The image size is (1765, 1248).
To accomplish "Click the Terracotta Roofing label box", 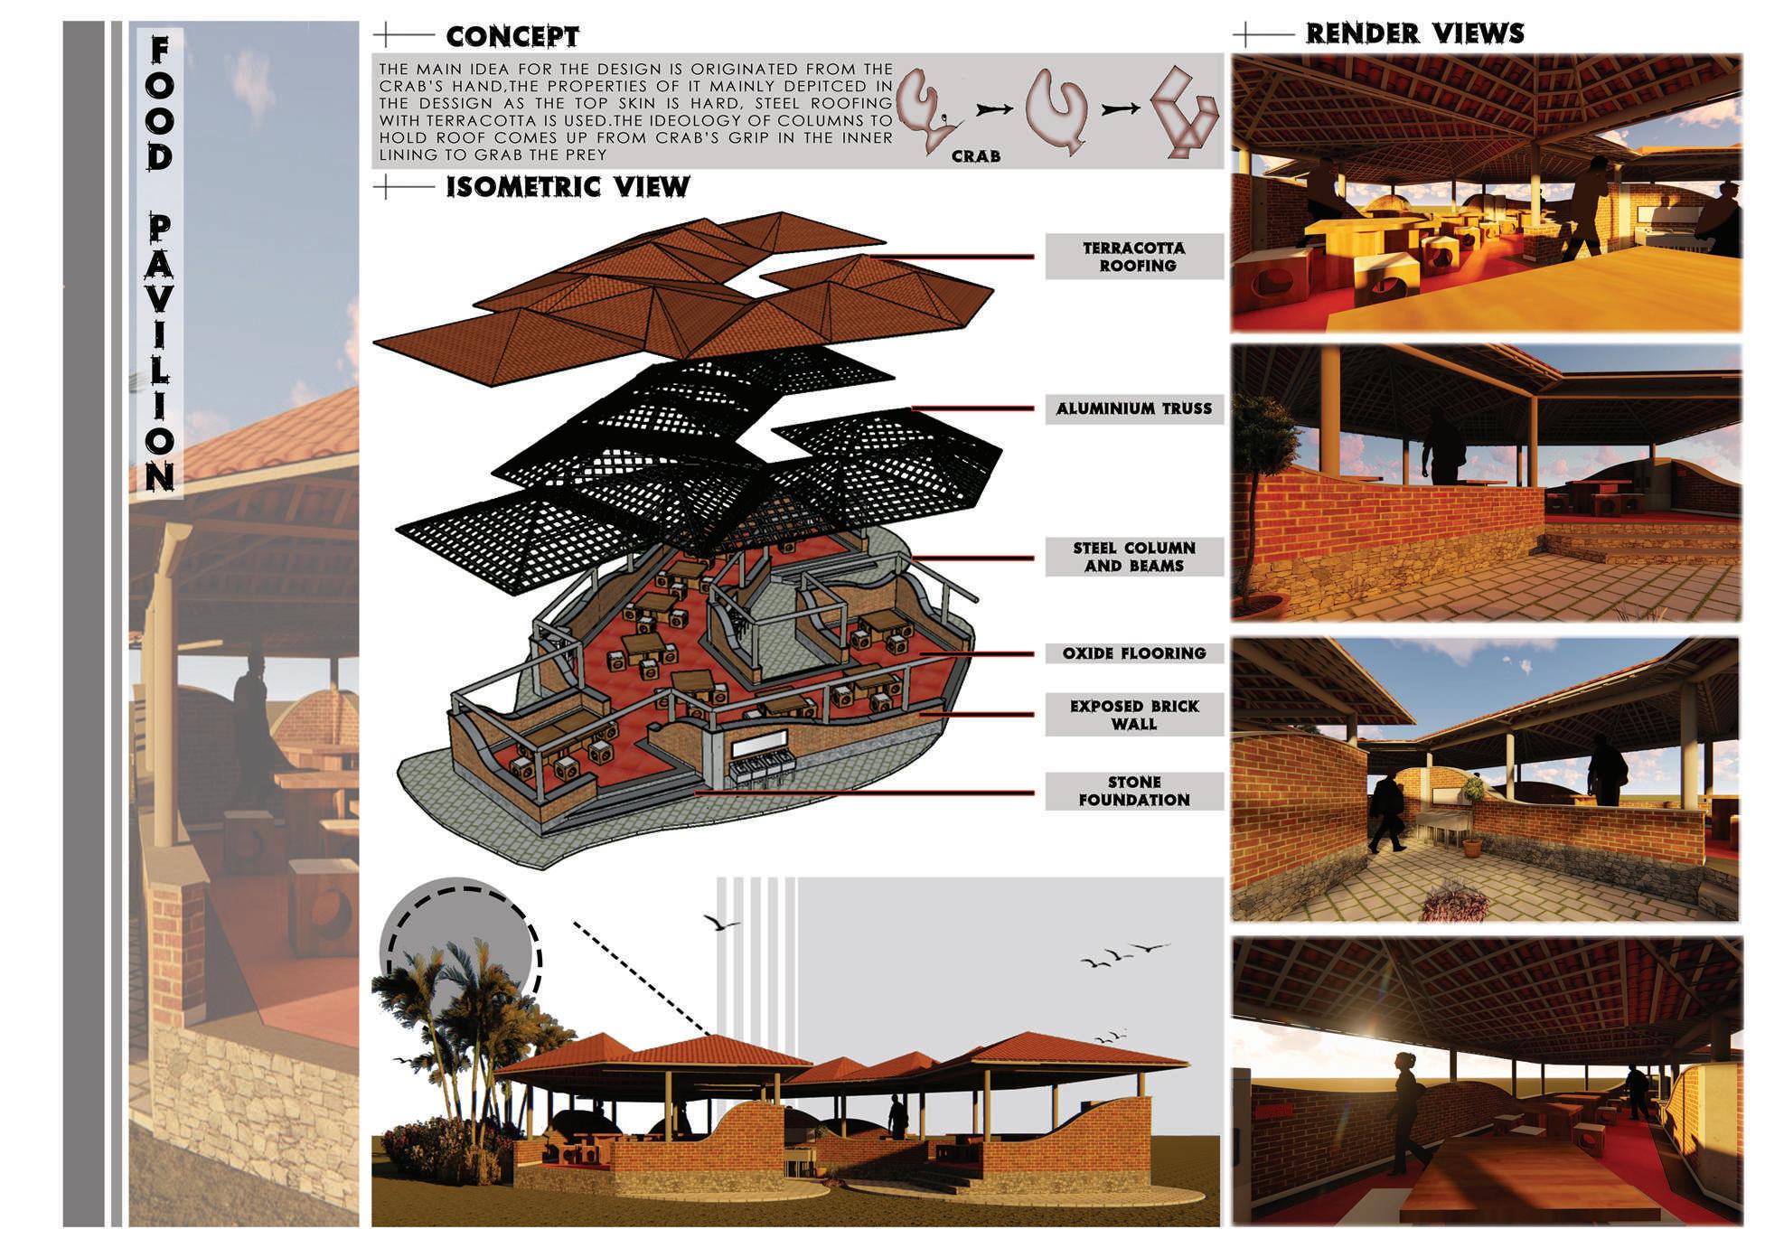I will pos(1134,257).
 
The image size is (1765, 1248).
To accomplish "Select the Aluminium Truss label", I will pos(1134,408).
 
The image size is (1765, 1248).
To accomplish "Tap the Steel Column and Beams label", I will pos(1134,557).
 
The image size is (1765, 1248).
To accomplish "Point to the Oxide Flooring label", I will pos(1134,653).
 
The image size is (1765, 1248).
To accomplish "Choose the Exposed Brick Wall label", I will pos(1134,715).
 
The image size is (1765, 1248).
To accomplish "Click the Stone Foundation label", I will pos(1134,791).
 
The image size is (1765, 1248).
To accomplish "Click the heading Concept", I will pos(512,36).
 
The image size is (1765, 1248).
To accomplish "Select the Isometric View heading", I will pos(568,187).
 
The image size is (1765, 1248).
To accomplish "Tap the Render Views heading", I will pos(1414,33).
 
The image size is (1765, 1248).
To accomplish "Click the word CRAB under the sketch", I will pos(976,156).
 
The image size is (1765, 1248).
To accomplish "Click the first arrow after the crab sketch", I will pos(993,109).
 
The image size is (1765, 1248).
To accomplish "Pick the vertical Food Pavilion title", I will pos(160,262).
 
